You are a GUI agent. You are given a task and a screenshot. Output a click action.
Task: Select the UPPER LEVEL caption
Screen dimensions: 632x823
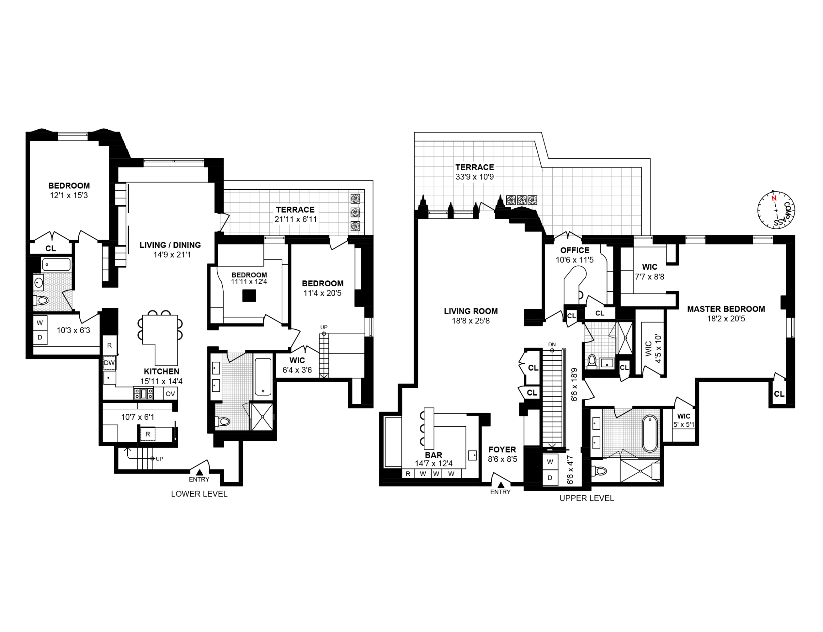point(587,498)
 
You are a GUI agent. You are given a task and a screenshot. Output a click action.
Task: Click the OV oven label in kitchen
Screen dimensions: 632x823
point(170,394)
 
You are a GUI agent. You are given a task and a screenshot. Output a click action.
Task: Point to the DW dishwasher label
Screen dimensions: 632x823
point(109,363)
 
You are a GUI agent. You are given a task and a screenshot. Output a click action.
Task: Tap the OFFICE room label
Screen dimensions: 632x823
point(574,250)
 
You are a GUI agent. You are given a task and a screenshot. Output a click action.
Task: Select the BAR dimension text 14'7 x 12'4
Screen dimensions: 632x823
point(433,464)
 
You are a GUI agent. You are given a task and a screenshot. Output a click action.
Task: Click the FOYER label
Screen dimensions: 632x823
point(502,449)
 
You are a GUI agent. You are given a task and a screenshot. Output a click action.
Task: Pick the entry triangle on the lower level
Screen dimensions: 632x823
point(199,472)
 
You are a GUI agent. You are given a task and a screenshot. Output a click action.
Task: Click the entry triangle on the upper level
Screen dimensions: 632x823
point(501,485)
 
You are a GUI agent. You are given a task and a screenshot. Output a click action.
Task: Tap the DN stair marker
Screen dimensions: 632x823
point(552,345)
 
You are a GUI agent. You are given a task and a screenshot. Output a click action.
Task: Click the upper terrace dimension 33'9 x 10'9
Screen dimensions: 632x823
point(474,177)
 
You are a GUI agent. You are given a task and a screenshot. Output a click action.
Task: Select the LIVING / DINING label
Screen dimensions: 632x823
point(170,245)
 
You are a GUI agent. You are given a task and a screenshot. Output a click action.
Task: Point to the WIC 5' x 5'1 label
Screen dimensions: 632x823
point(683,420)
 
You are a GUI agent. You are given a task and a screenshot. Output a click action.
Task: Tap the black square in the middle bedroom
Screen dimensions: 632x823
point(249,295)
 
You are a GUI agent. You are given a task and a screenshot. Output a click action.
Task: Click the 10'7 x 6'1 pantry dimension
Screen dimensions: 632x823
point(137,417)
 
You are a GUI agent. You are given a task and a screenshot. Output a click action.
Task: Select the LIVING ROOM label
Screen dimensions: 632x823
point(470,311)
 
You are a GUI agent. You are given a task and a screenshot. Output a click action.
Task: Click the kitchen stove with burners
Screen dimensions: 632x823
point(143,394)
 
